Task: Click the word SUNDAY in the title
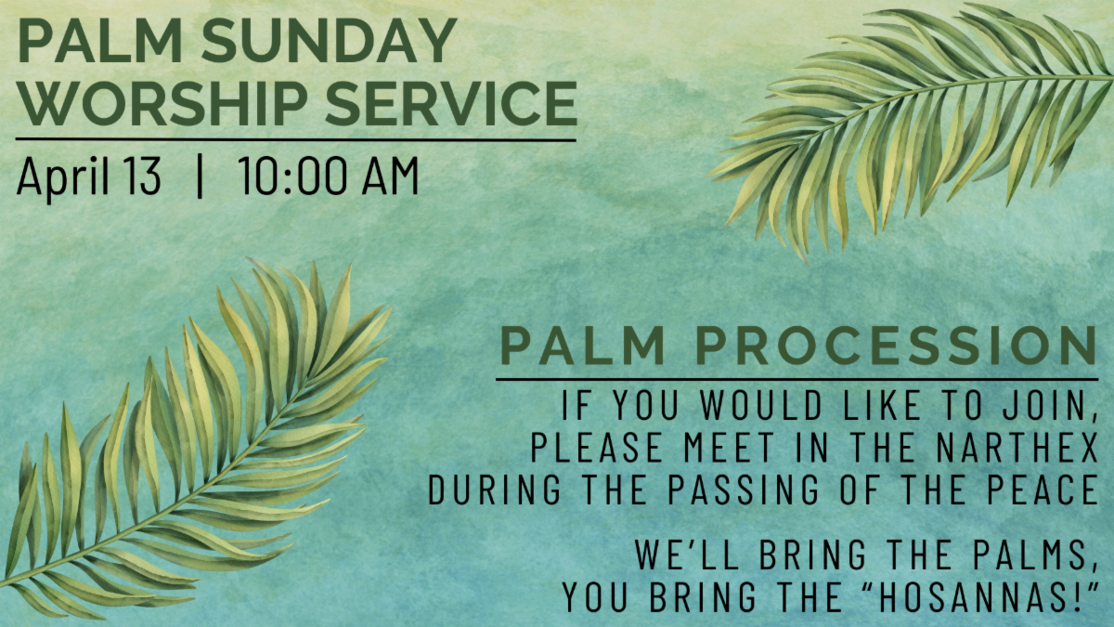(x=329, y=40)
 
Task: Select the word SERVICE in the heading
(x=451, y=103)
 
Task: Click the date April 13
(x=89, y=177)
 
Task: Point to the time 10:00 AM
(x=329, y=176)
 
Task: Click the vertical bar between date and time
(x=200, y=176)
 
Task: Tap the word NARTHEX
(x=1017, y=448)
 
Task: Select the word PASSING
(x=743, y=490)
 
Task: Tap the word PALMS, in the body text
(x=1036, y=555)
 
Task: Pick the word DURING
(x=494, y=490)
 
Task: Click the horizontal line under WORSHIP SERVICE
(x=296, y=140)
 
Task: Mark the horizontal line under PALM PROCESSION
(x=797, y=380)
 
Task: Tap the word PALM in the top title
(x=100, y=40)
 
